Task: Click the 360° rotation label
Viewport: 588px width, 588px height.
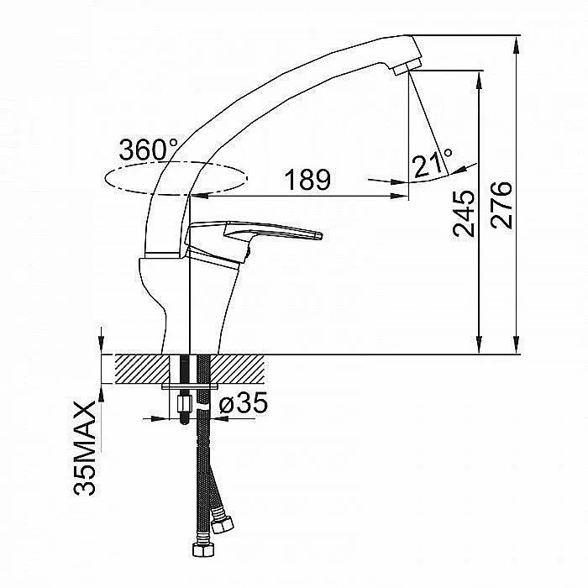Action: pyautogui.click(x=149, y=150)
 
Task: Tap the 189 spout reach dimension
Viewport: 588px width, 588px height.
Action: pyautogui.click(x=307, y=180)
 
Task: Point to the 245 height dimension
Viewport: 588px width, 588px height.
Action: pyautogui.click(x=464, y=214)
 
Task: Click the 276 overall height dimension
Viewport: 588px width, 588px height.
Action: pyautogui.click(x=501, y=205)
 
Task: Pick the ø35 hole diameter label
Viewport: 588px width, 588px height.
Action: pyautogui.click(x=244, y=402)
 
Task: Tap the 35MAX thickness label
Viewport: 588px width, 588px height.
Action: pyautogui.click(x=85, y=449)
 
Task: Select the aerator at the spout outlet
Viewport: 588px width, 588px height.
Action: pyautogui.click(x=406, y=66)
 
